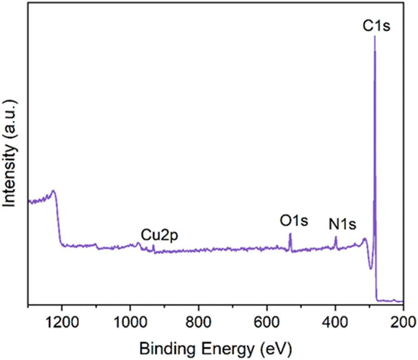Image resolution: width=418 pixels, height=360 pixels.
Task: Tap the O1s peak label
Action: pos(294,221)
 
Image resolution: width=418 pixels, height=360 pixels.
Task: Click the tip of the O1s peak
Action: pos(290,234)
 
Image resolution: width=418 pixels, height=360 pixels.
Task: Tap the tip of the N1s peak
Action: pos(335,237)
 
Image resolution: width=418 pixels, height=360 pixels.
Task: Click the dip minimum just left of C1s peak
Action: pos(371,269)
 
